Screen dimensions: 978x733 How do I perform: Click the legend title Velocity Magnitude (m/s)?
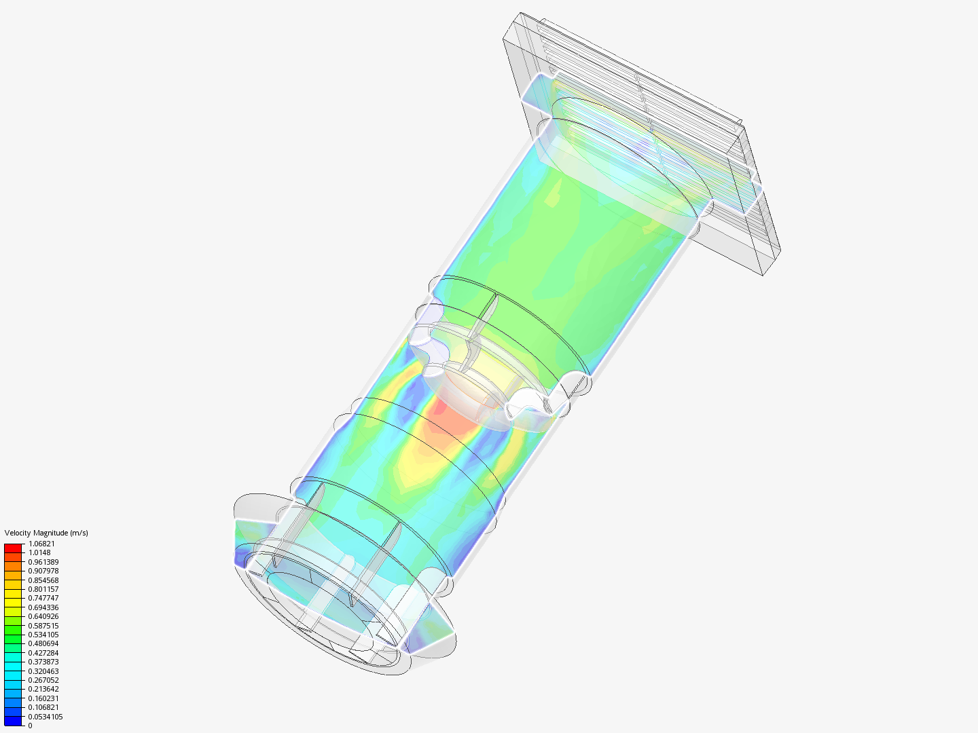(x=46, y=533)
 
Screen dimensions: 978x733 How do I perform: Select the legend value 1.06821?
(x=41, y=544)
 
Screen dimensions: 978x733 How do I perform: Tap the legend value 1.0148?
(x=39, y=552)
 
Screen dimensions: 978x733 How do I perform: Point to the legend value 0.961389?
(x=43, y=562)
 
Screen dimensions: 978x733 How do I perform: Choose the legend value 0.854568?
(x=43, y=580)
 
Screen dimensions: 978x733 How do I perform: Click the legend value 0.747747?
(x=43, y=598)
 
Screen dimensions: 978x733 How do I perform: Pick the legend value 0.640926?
(x=43, y=616)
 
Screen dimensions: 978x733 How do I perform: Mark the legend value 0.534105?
(x=43, y=635)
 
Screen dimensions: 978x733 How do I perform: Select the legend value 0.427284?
(x=43, y=653)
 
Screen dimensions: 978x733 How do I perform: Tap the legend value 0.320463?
(x=43, y=671)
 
